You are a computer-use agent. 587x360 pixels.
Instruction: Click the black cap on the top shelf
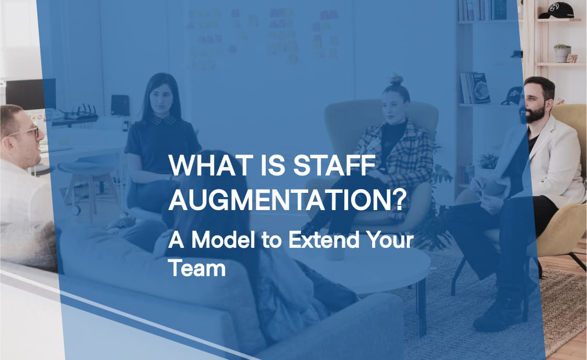[x=556, y=10]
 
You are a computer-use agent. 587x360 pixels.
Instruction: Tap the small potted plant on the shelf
[x=562, y=53]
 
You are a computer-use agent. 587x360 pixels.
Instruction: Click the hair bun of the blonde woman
[x=397, y=80]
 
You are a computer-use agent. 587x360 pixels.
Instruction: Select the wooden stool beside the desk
[x=86, y=178]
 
